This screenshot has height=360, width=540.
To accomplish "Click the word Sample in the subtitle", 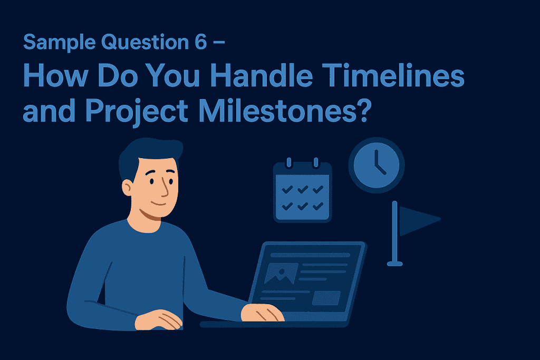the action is click(x=59, y=43).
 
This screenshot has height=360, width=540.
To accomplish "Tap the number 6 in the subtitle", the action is click(x=200, y=42).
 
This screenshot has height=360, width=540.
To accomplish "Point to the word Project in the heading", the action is click(x=137, y=111).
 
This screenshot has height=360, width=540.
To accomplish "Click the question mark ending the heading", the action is click(x=364, y=110).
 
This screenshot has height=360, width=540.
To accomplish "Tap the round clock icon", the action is click(x=377, y=165).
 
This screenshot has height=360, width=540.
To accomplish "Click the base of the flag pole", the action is click(x=394, y=264).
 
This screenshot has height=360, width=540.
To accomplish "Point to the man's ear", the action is click(x=127, y=189).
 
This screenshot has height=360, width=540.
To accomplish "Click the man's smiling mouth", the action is click(x=159, y=203).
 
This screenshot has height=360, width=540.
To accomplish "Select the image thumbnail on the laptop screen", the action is click(x=281, y=274).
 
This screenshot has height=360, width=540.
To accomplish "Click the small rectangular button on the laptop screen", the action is click(x=326, y=298).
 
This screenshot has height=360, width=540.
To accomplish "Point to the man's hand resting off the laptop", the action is click(x=158, y=320).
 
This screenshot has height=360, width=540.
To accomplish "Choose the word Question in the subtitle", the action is click(x=145, y=43).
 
